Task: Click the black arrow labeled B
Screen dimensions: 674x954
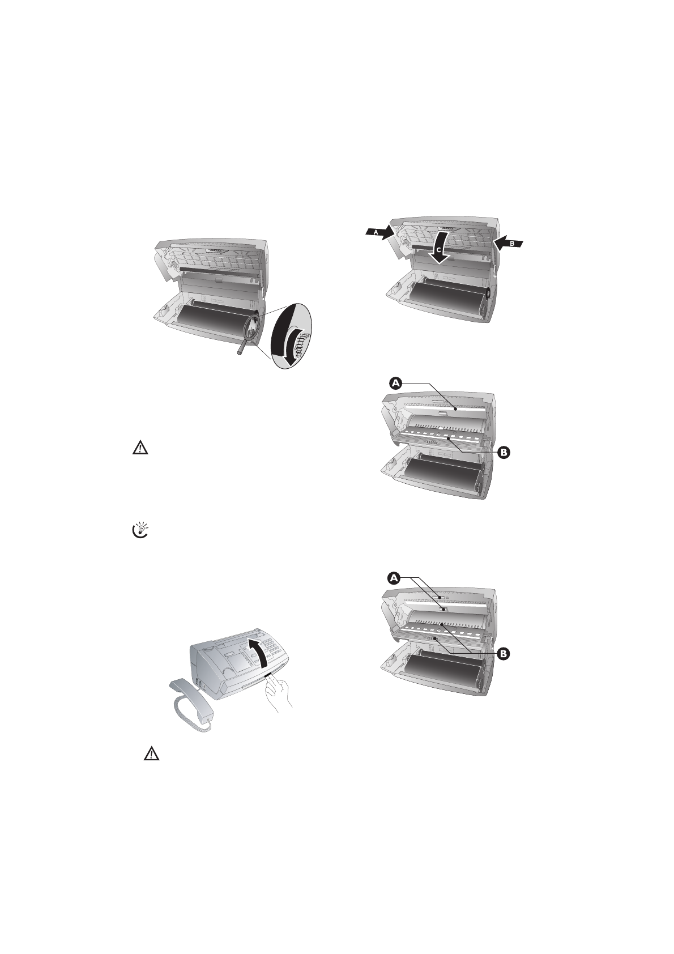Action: tap(509, 243)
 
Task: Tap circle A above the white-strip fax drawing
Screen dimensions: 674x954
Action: tap(396, 384)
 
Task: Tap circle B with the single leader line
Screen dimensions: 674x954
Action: tap(504, 452)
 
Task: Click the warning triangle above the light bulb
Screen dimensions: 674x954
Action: tap(140, 449)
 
